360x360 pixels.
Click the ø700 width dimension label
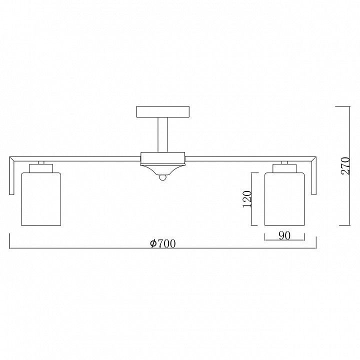click(x=163, y=243)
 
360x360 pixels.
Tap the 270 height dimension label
click(x=345, y=166)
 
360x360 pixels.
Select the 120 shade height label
click(x=247, y=199)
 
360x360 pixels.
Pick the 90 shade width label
click(x=284, y=235)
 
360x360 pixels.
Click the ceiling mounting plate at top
click(x=163, y=112)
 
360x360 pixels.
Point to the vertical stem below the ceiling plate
click(x=163, y=135)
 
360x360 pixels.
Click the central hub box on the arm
click(x=163, y=158)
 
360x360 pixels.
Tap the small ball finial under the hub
click(x=163, y=177)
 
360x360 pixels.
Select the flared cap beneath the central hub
click(x=163, y=170)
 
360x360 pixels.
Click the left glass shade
click(x=41, y=199)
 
